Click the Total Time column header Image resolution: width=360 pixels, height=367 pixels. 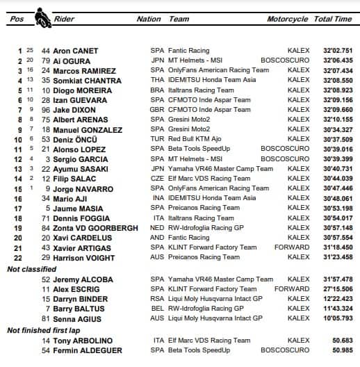[x=333, y=19]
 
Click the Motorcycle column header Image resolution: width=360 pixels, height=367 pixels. [x=288, y=19]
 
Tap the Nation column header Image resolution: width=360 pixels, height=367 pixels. [x=149, y=19]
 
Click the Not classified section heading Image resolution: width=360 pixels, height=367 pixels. [x=31, y=268]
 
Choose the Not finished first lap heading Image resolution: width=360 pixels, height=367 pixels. [x=46, y=331]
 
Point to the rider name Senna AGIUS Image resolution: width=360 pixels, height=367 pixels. [x=76, y=318]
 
